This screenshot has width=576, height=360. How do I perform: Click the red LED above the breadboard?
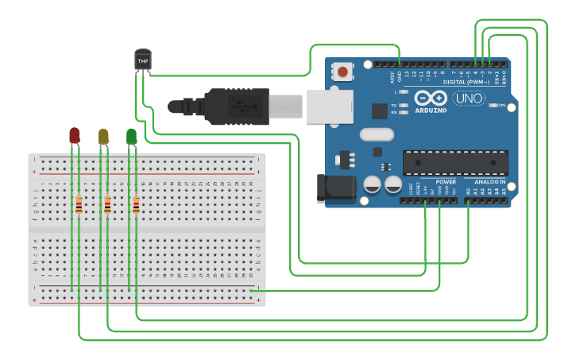[x=74, y=135]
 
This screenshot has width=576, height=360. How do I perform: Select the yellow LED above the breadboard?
[x=103, y=137]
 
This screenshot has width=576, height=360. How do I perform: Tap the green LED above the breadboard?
[x=131, y=137]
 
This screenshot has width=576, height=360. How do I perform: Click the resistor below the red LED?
[x=79, y=206]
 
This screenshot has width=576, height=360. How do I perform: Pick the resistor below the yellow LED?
[x=107, y=206]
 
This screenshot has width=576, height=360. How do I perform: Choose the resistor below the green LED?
[x=136, y=206]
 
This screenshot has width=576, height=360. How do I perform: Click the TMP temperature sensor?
[x=143, y=60]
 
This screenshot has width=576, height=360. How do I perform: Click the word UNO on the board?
[x=468, y=99]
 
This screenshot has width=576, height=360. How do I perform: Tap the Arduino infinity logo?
[x=430, y=97]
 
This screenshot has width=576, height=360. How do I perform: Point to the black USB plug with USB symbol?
[x=238, y=106]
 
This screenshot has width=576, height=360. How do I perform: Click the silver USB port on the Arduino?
[x=329, y=106]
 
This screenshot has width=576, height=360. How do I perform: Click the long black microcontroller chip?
[x=454, y=162]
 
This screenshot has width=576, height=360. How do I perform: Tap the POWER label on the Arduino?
[x=446, y=182]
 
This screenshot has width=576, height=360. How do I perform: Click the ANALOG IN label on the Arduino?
[x=489, y=182]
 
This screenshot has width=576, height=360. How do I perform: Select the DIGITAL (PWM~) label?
[x=468, y=81]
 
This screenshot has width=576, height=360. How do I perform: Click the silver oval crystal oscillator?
[x=377, y=134]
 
